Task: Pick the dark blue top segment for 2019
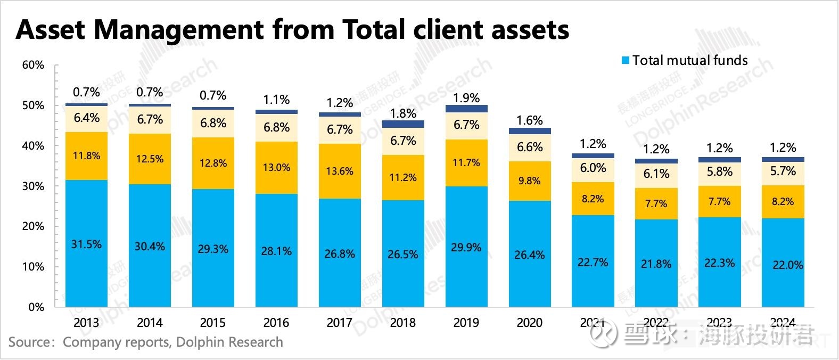point(466,109)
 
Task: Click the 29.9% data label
point(466,248)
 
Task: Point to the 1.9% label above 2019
point(466,98)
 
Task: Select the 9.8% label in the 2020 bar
point(530,181)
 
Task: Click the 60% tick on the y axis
point(33,66)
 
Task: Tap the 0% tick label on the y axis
point(36,307)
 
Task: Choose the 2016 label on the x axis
point(276,323)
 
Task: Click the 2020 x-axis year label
point(530,323)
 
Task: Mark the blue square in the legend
point(626,61)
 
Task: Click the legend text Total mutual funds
point(690,61)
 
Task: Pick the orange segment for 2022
point(656,203)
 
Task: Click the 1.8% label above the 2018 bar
point(403,113)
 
